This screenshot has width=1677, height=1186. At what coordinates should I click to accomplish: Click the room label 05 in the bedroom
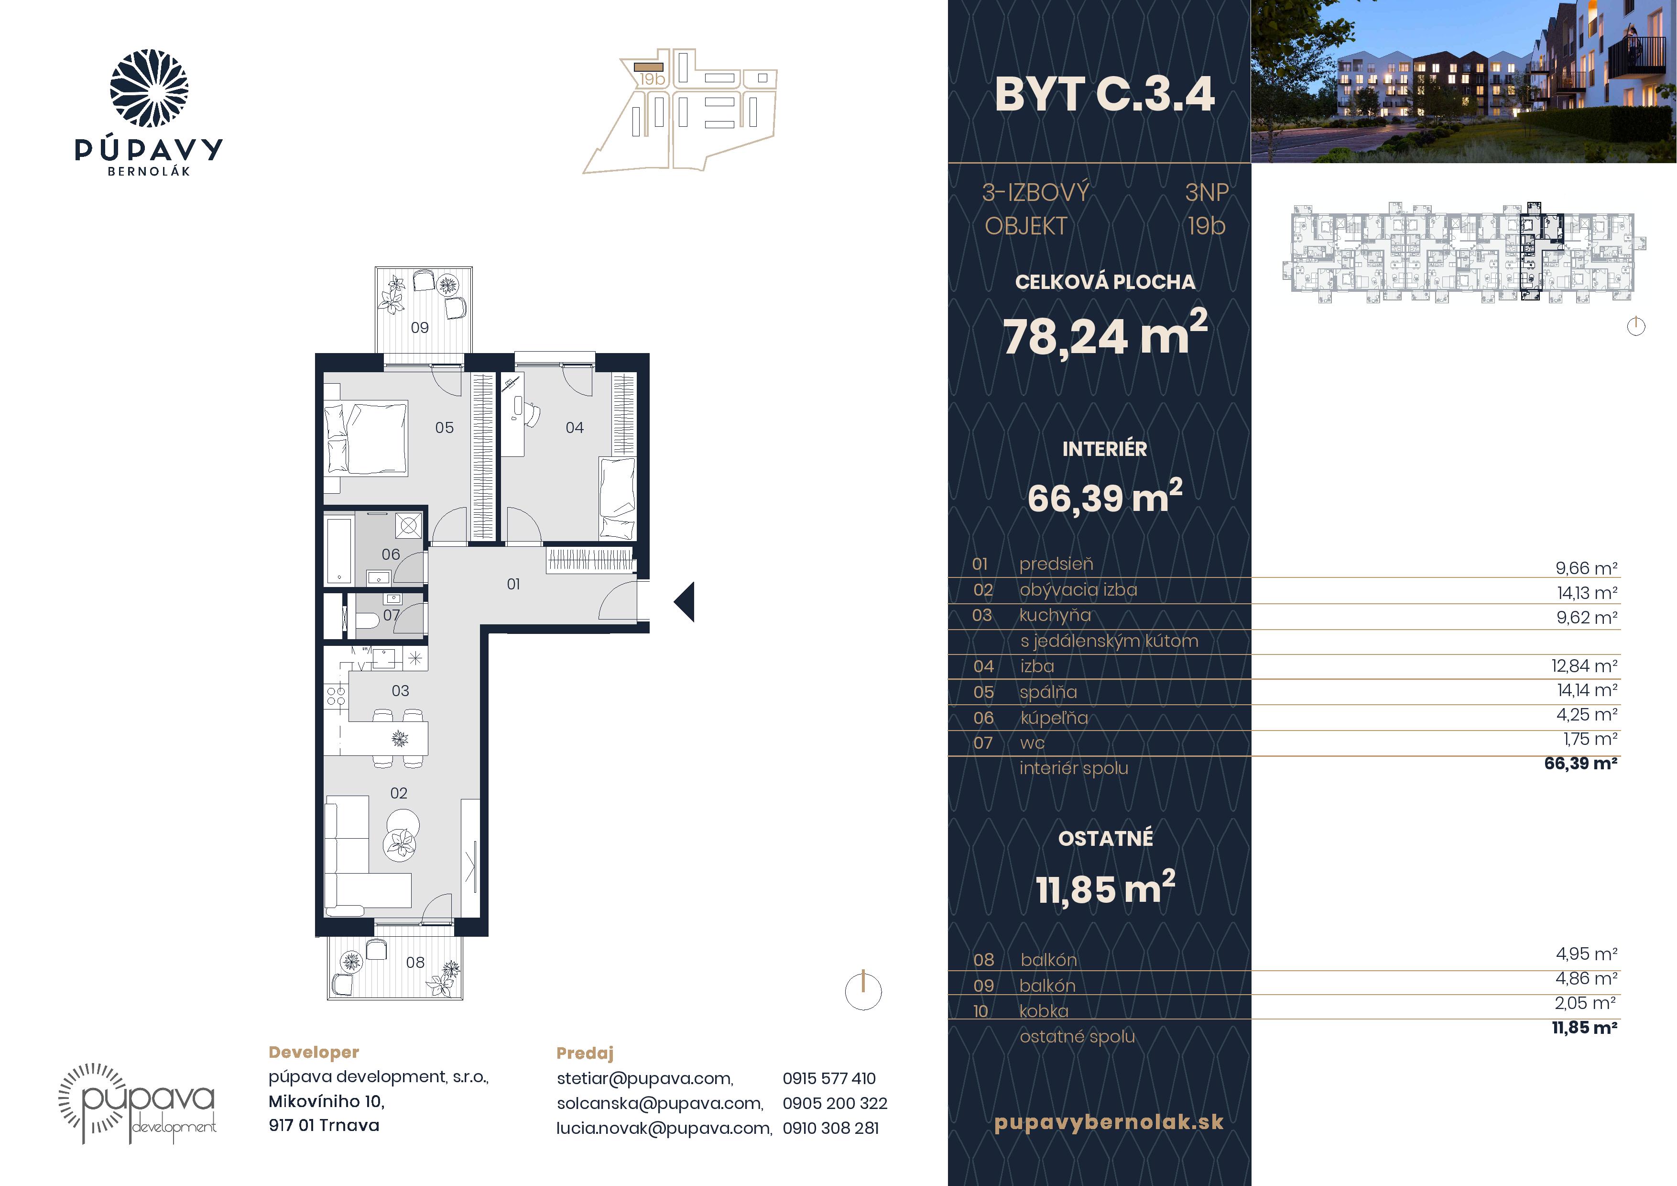tap(444, 428)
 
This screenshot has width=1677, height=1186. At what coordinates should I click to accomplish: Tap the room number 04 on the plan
tap(575, 428)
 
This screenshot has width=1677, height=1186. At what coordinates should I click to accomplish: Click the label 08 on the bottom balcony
tap(415, 963)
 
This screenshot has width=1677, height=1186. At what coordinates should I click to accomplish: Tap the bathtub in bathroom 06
tap(339, 550)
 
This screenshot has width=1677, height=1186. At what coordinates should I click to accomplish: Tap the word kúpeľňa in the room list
tap(1054, 718)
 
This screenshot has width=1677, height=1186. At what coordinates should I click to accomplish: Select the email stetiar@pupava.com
tap(645, 1078)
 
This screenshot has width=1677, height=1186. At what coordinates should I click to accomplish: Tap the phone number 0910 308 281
tap(830, 1128)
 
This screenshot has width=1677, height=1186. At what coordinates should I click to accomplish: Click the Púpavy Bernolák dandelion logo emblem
tap(149, 89)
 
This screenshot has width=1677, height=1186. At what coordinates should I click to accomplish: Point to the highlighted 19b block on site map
tap(649, 66)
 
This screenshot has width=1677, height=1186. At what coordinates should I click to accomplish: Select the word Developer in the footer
tap(314, 1052)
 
